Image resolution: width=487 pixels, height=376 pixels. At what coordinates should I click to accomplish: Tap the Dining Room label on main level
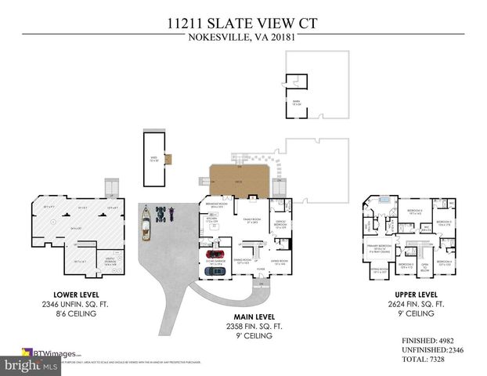242,261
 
